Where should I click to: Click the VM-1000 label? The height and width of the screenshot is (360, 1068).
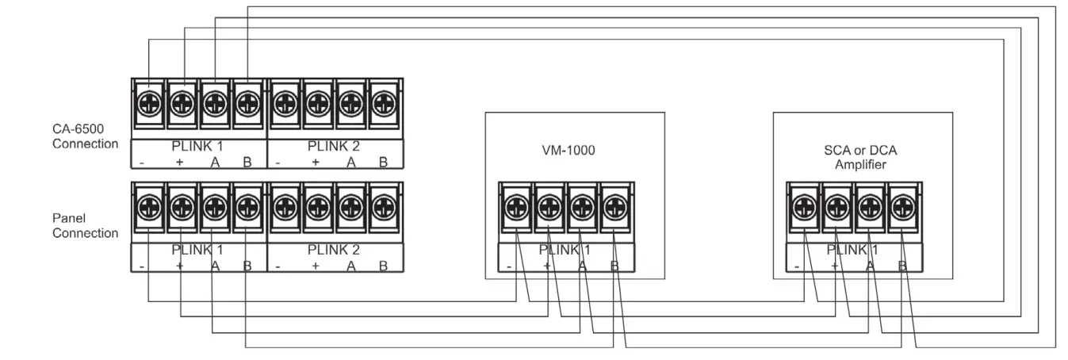574,148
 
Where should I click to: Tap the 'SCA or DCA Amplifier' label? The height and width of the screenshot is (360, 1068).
862,156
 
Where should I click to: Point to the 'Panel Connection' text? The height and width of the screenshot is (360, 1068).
85,226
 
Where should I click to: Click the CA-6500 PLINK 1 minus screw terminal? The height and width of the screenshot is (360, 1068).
149,102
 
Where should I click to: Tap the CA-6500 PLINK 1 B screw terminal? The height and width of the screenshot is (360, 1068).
247,102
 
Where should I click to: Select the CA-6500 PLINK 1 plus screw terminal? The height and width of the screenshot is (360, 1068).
182,102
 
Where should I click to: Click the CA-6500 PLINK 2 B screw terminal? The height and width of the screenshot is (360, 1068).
384,102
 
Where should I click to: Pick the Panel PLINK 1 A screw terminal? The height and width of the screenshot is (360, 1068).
214,207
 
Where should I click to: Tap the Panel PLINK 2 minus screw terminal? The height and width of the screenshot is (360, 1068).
285,207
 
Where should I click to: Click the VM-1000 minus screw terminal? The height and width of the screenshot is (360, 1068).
515,207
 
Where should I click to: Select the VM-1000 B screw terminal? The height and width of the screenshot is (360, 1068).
613,207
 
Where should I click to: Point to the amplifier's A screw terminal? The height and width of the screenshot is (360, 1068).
867,207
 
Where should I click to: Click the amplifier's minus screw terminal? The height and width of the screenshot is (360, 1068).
802,207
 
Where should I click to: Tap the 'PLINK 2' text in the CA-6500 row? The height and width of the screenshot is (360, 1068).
334,147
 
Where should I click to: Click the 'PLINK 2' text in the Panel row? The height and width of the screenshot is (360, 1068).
334,251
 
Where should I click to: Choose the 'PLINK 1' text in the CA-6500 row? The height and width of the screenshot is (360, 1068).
198,147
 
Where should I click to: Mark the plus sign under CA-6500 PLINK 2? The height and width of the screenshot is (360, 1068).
316,162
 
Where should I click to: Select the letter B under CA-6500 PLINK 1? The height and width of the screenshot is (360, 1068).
247,162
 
